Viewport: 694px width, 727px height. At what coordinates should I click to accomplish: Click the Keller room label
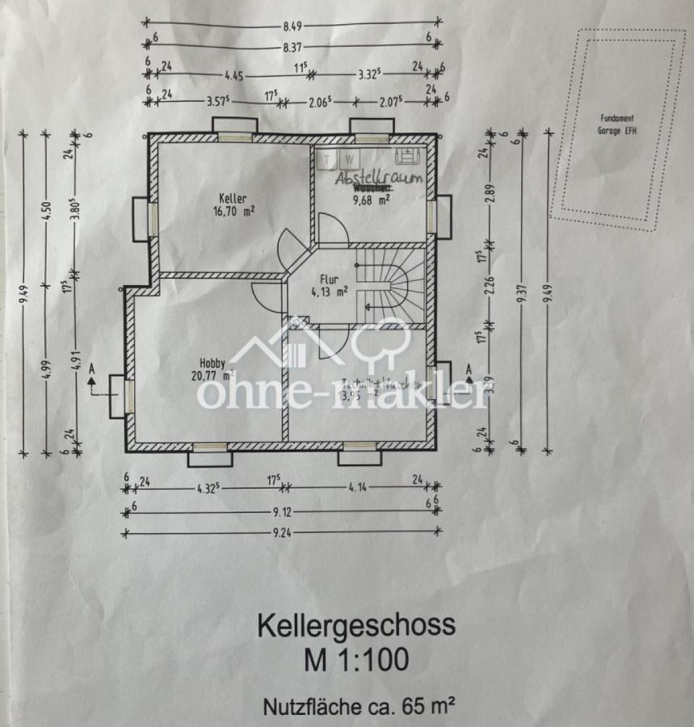point(232,198)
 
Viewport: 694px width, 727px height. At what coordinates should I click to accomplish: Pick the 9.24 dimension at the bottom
point(281,532)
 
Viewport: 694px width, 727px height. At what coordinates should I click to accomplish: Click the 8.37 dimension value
point(292,48)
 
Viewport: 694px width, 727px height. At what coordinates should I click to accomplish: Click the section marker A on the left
point(91,370)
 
